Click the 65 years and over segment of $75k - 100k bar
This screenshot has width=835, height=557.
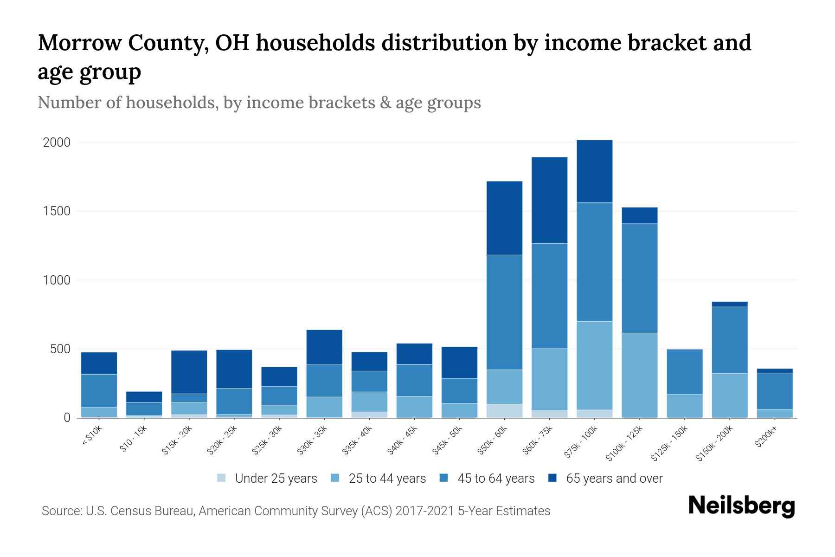tap(594, 171)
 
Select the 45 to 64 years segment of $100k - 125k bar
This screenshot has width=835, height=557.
tap(639, 278)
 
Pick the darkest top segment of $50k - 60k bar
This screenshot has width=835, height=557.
tap(504, 218)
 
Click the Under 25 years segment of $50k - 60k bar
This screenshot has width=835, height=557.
tap(504, 411)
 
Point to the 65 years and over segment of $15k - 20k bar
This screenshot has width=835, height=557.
tap(189, 372)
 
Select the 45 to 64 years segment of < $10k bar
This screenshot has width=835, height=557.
tap(99, 390)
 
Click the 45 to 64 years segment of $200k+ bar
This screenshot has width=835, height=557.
tap(774, 391)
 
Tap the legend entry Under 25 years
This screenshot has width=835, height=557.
tap(276, 479)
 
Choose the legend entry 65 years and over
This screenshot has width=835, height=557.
tap(614, 479)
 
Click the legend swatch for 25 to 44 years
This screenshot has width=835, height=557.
tap(335, 478)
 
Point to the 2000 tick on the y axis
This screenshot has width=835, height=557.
tap(57, 142)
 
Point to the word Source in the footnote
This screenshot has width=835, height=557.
tap(61, 511)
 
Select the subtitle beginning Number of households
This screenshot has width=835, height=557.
tap(259, 103)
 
